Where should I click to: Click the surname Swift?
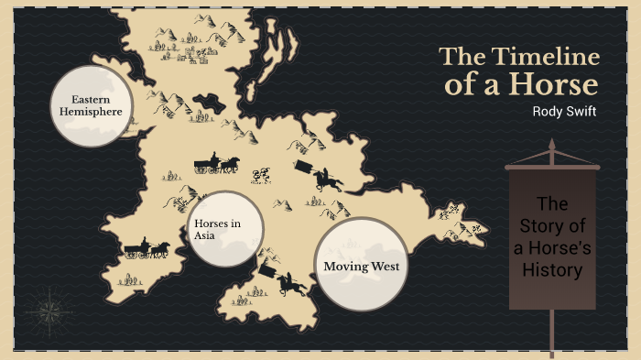[582, 111]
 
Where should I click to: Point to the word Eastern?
[92, 99]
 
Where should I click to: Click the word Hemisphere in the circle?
[92, 112]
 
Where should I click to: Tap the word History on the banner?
[552, 270]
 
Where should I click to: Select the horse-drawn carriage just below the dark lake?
[217, 164]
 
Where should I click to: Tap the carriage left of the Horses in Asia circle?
[147, 248]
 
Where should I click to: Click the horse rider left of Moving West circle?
[292, 284]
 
